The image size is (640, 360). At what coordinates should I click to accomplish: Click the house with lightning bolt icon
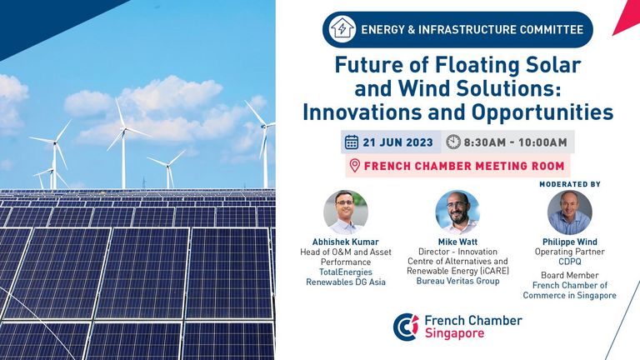pos(342,28)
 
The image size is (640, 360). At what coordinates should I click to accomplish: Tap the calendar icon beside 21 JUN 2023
pos(352,142)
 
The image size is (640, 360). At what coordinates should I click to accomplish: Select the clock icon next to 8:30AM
pos(453,142)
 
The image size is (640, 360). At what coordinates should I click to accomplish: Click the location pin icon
pos(355,166)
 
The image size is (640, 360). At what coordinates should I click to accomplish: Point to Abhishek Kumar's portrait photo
pos(346,212)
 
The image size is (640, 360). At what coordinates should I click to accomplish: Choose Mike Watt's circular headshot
pos(457,212)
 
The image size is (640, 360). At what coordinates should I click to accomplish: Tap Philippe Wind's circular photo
pos(569,212)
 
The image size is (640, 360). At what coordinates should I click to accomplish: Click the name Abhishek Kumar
pos(345,242)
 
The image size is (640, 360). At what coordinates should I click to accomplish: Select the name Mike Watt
pos(457,242)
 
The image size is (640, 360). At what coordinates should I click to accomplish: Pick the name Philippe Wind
pos(569,242)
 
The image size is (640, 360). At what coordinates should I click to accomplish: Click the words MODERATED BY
pos(570,184)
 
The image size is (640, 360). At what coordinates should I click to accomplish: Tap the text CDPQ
pos(569,262)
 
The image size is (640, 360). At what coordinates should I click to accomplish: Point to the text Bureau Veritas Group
pos(457,281)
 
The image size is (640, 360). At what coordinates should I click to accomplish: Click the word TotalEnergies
pos(346,272)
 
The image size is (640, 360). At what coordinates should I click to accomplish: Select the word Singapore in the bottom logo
pos(454,333)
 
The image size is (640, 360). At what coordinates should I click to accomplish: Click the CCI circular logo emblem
pos(406,327)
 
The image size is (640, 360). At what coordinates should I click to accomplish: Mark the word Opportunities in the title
pos(542,112)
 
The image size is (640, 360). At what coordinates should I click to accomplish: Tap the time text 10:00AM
pos(542,142)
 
